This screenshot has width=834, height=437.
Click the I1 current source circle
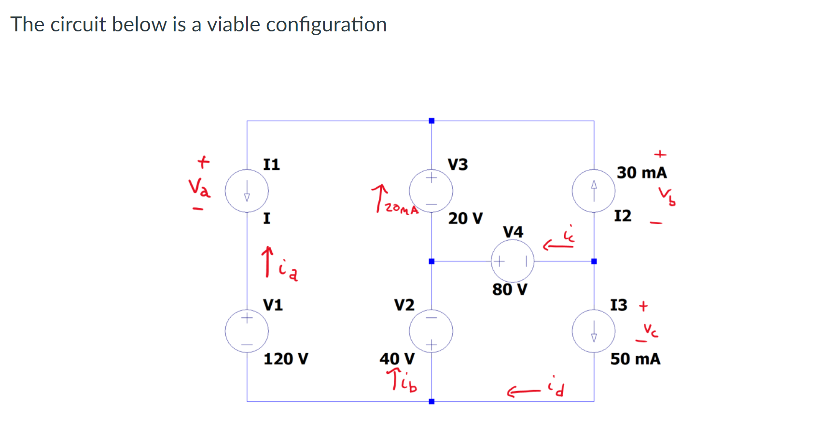tap(247, 191)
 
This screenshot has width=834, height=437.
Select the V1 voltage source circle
tap(247, 331)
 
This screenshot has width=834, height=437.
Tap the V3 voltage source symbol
tap(431, 191)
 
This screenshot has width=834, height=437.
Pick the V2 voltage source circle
tap(431, 331)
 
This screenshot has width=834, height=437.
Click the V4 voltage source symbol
tap(513, 261)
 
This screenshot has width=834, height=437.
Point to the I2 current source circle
tap(594, 191)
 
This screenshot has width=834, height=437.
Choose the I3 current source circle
tap(594, 331)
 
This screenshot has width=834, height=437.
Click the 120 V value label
tap(286, 359)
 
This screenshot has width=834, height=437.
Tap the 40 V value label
tap(397, 359)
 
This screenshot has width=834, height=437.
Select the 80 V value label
tap(510, 289)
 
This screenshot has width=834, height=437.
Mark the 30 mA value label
tap(641, 173)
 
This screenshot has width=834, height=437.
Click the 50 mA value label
tap(635, 359)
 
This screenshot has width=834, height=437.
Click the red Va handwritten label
tap(199, 187)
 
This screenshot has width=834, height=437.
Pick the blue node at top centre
tap(431, 121)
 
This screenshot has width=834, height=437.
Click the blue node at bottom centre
tap(431, 401)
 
